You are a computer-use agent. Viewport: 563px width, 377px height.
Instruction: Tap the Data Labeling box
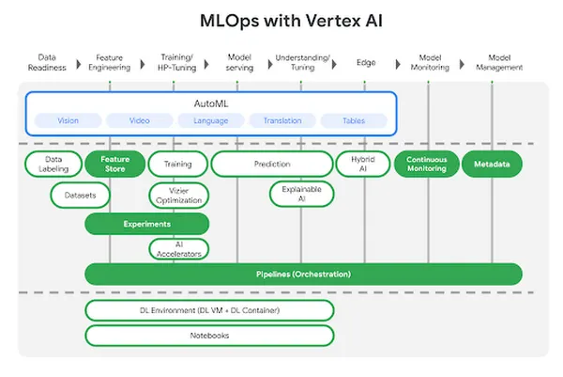53,164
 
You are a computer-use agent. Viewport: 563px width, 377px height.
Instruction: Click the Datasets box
80,195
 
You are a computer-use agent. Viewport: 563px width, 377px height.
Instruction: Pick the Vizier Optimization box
178,195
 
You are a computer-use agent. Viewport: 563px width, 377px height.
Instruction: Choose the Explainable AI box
301,195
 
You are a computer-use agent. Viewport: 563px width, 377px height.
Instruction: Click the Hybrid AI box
362,164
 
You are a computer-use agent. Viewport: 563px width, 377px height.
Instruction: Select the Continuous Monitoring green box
425,164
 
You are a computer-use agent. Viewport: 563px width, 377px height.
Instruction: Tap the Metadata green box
492,164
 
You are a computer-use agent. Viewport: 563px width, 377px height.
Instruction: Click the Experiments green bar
146,224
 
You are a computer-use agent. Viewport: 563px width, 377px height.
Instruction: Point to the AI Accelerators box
178,249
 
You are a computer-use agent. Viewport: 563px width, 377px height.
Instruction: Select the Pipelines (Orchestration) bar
303,274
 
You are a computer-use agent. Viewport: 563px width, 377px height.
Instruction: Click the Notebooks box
209,335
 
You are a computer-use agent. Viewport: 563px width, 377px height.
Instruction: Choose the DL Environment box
209,310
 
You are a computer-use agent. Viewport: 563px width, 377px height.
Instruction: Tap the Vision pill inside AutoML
68,120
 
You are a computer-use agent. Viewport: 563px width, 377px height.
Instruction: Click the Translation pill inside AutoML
282,120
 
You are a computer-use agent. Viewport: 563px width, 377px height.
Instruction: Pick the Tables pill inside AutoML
355,120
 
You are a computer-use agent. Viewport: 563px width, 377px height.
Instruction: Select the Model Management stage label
499,62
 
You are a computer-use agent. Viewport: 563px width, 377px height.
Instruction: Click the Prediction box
272,164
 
